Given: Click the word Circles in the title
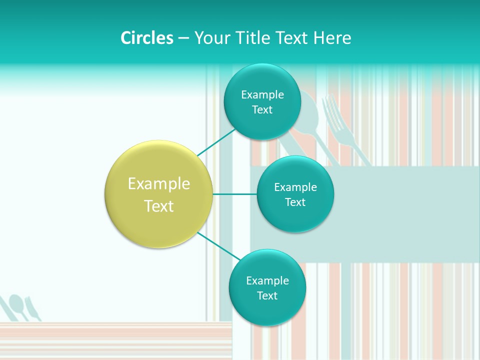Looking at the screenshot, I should coord(147,38).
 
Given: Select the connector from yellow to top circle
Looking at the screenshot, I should coord(216,142).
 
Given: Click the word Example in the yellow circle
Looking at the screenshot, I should coord(159,184).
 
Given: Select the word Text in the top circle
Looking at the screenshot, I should coord(262,110).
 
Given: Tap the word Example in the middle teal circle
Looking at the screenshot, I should coord(295,187).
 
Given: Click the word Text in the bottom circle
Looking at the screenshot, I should coord(267,296).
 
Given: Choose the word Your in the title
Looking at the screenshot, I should coord(208,38).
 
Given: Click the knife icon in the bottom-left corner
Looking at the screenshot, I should coord(33,309).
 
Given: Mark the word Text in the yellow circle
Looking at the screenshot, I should coord(159,206).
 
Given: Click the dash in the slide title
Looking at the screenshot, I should coord(183,38).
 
